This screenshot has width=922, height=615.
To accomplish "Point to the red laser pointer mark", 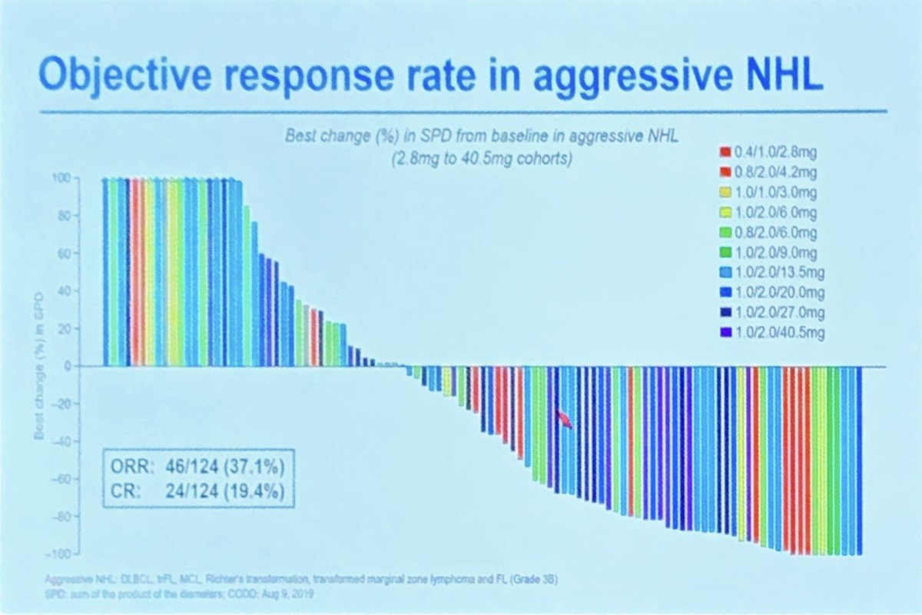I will [565, 418].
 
